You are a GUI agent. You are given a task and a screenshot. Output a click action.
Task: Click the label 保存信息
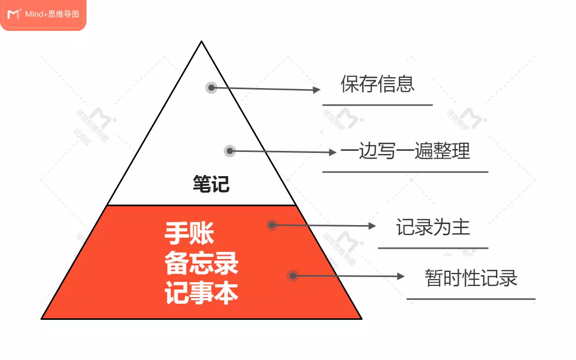point(377,84)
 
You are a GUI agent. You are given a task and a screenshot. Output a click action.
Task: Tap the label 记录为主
point(433,227)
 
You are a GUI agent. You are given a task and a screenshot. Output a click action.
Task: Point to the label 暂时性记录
point(471,278)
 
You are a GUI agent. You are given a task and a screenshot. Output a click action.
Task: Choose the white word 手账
point(189,233)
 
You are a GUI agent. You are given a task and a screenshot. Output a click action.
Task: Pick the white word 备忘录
point(201,264)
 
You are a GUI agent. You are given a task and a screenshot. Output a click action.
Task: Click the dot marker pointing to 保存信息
point(211,88)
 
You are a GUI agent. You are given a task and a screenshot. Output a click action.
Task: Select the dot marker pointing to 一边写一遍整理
point(230,151)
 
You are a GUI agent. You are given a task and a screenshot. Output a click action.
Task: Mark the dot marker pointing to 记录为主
point(272,225)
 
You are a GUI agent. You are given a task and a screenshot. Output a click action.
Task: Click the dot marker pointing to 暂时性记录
point(292,276)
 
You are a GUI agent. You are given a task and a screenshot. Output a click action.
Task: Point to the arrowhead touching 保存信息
point(317,90)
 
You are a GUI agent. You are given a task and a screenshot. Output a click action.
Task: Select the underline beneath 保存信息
point(377,105)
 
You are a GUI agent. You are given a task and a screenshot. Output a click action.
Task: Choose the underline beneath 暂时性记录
point(471,299)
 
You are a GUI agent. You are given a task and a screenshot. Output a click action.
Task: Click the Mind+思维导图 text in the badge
point(52,14)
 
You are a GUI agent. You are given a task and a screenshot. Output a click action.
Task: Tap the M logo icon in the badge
point(14,14)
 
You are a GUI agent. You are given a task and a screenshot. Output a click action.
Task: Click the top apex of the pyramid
point(201,42)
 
